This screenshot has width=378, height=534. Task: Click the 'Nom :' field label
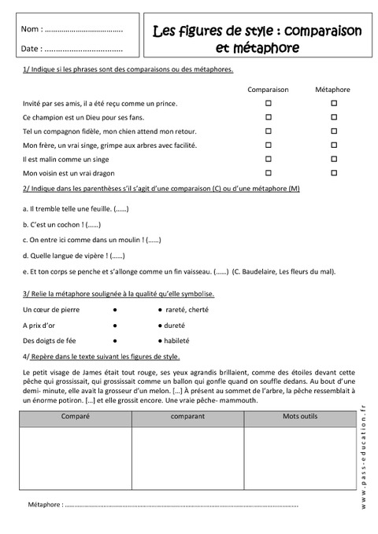(x=33, y=30)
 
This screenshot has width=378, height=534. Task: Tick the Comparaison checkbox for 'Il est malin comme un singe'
(x=268, y=158)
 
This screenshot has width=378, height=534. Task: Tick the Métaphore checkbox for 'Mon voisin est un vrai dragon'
(x=334, y=172)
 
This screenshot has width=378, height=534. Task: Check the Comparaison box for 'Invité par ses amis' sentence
(x=268, y=103)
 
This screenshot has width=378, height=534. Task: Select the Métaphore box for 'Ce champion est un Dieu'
(x=334, y=117)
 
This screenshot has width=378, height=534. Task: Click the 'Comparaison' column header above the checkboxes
(x=268, y=90)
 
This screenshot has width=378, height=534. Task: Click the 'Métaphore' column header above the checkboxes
(x=334, y=90)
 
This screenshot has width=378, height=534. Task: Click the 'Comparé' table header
(x=76, y=416)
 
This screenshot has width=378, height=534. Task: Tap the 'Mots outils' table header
(x=295, y=416)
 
